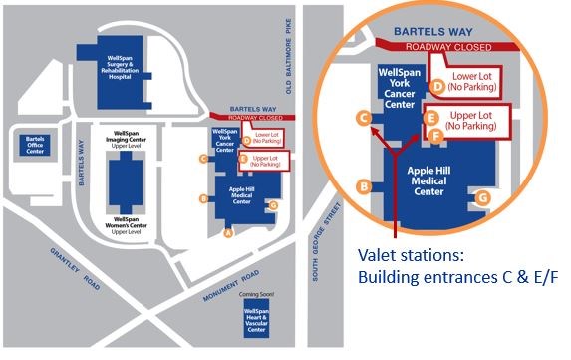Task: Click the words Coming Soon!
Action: click(255, 295)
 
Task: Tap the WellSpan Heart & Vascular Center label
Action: click(255, 321)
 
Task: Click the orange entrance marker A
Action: click(227, 235)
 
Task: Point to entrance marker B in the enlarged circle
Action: click(365, 185)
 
